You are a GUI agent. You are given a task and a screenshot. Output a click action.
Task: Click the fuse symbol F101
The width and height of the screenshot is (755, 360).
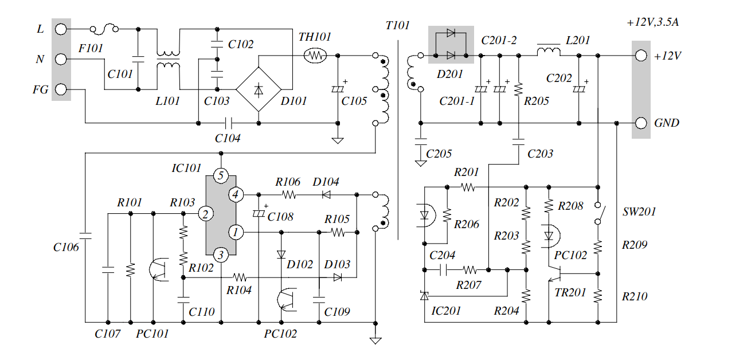(x=104, y=29)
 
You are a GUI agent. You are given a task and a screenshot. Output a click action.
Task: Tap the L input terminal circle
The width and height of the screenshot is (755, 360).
(x=61, y=29)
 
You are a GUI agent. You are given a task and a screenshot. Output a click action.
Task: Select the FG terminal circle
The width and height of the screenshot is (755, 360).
(x=61, y=89)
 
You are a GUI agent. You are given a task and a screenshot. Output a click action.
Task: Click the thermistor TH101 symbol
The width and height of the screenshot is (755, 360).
(x=315, y=56)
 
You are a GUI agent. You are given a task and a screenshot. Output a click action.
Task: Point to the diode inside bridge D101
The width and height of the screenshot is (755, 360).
(x=259, y=90)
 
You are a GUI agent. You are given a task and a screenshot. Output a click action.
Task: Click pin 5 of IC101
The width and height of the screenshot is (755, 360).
(x=221, y=175)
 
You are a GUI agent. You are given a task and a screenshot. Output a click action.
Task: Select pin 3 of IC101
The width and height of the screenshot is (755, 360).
(x=221, y=255)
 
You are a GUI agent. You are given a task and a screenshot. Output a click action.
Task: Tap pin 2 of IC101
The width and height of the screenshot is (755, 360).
(x=206, y=214)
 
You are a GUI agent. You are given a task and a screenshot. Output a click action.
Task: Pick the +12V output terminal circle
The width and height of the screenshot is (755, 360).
(x=641, y=56)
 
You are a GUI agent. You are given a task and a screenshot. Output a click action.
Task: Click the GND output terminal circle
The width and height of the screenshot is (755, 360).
(x=641, y=123)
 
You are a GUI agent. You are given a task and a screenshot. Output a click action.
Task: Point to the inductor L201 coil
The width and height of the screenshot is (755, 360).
(x=549, y=51)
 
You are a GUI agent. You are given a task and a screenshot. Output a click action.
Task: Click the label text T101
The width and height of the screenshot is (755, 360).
(x=397, y=26)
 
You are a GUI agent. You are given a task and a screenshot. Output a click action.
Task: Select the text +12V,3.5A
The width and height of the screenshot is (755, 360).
(x=652, y=22)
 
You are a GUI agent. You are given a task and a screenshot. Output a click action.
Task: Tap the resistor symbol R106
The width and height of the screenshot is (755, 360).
(x=289, y=194)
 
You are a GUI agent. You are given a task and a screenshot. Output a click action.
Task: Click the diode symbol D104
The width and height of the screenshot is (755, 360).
(x=326, y=194)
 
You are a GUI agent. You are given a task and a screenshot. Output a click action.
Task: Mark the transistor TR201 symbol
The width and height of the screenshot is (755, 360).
(x=554, y=273)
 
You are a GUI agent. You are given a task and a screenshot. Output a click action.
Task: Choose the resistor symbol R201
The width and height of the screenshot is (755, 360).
(x=468, y=187)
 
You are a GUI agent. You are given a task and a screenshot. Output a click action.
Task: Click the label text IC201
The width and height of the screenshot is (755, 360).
(x=446, y=311)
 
